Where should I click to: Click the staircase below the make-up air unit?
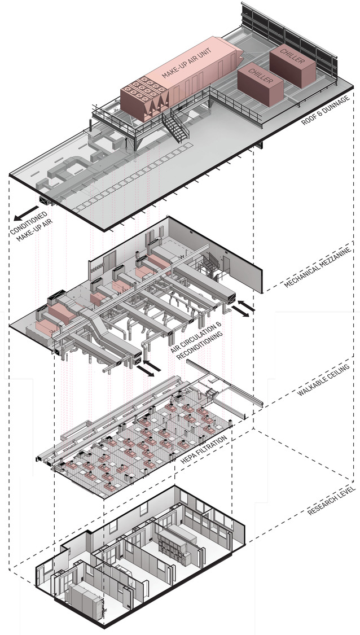pyautogui.click(x=175, y=125)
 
